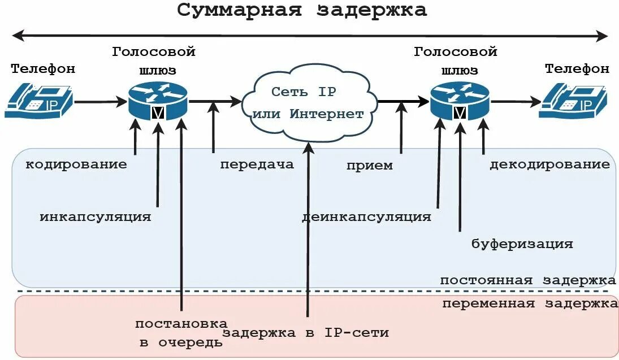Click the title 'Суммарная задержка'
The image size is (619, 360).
tap(302, 10)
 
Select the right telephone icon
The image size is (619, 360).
tap(573, 101)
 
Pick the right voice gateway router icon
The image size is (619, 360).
tap(460, 101)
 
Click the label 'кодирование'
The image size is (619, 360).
tap(76, 164)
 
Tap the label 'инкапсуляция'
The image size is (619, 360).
tap(96, 216)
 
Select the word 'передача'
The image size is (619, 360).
tap(257, 164)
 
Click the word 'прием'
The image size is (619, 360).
tap(370, 165)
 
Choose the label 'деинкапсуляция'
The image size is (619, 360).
tap(366, 216)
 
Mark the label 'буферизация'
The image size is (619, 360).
tap(522, 244)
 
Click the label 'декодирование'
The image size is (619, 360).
tap(549, 164)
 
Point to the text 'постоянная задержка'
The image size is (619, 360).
tap(528, 280)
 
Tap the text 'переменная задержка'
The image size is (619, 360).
tap(530, 303)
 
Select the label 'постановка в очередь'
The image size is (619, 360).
tap(181, 333)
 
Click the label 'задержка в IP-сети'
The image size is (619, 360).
tap(306, 332)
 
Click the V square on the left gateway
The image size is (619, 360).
tap(158, 112)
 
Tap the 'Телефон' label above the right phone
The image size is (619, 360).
tap(577, 69)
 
